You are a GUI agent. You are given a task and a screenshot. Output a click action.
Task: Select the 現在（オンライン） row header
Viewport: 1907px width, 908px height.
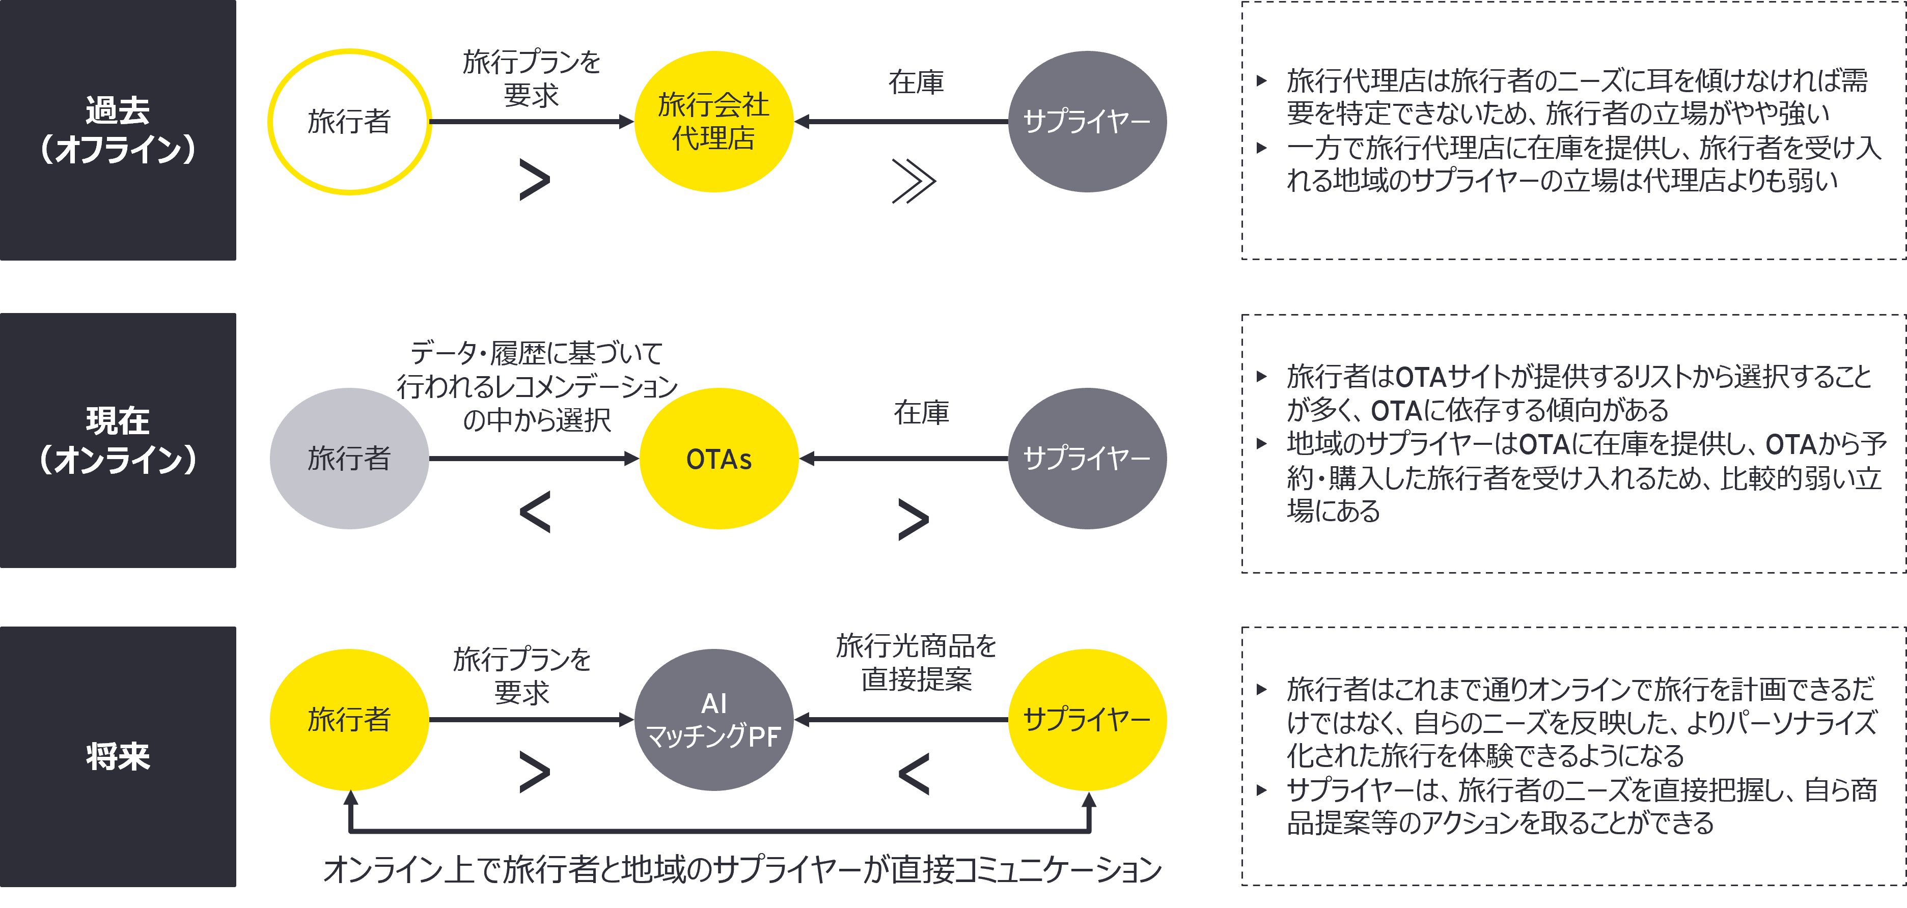[x=118, y=440]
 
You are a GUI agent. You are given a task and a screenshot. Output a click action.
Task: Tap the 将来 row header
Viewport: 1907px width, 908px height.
[x=118, y=756]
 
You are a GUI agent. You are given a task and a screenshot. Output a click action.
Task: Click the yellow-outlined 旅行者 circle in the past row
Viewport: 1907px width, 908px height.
[x=349, y=121]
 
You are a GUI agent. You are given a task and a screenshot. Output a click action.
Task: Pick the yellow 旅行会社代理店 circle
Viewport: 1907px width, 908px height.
[x=713, y=121]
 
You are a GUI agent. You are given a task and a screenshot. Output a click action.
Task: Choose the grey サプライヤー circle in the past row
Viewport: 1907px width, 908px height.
[x=1087, y=121]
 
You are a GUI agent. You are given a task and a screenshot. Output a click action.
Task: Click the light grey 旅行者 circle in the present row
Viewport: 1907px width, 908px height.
[x=349, y=459]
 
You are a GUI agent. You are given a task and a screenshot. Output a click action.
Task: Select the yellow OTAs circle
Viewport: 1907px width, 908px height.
[x=719, y=459]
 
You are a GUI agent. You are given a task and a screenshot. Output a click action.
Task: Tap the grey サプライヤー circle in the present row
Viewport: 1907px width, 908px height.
[x=1087, y=459]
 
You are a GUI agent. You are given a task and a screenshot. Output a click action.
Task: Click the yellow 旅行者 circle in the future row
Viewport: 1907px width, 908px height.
[x=349, y=719]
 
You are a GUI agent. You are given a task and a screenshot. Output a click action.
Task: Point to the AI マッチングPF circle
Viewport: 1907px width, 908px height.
[x=713, y=719]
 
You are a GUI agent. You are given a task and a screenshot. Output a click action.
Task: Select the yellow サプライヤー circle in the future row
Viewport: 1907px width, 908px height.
[x=1087, y=719]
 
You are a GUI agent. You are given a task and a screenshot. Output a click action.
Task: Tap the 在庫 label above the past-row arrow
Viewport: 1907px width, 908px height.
[x=917, y=82]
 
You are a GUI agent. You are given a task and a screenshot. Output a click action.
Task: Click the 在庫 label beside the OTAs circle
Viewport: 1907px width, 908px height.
[x=922, y=412]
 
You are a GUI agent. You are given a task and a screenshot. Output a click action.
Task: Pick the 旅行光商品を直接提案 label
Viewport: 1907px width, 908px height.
[x=917, y=662]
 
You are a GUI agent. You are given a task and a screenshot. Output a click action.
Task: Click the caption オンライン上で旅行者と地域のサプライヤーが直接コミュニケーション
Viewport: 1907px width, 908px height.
[x=742, y=869]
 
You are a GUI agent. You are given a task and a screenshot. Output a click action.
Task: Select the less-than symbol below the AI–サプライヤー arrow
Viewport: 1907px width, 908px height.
[x=914, y=774]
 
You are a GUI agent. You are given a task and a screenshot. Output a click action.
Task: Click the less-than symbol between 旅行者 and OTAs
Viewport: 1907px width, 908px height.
[x=535, y=512]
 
